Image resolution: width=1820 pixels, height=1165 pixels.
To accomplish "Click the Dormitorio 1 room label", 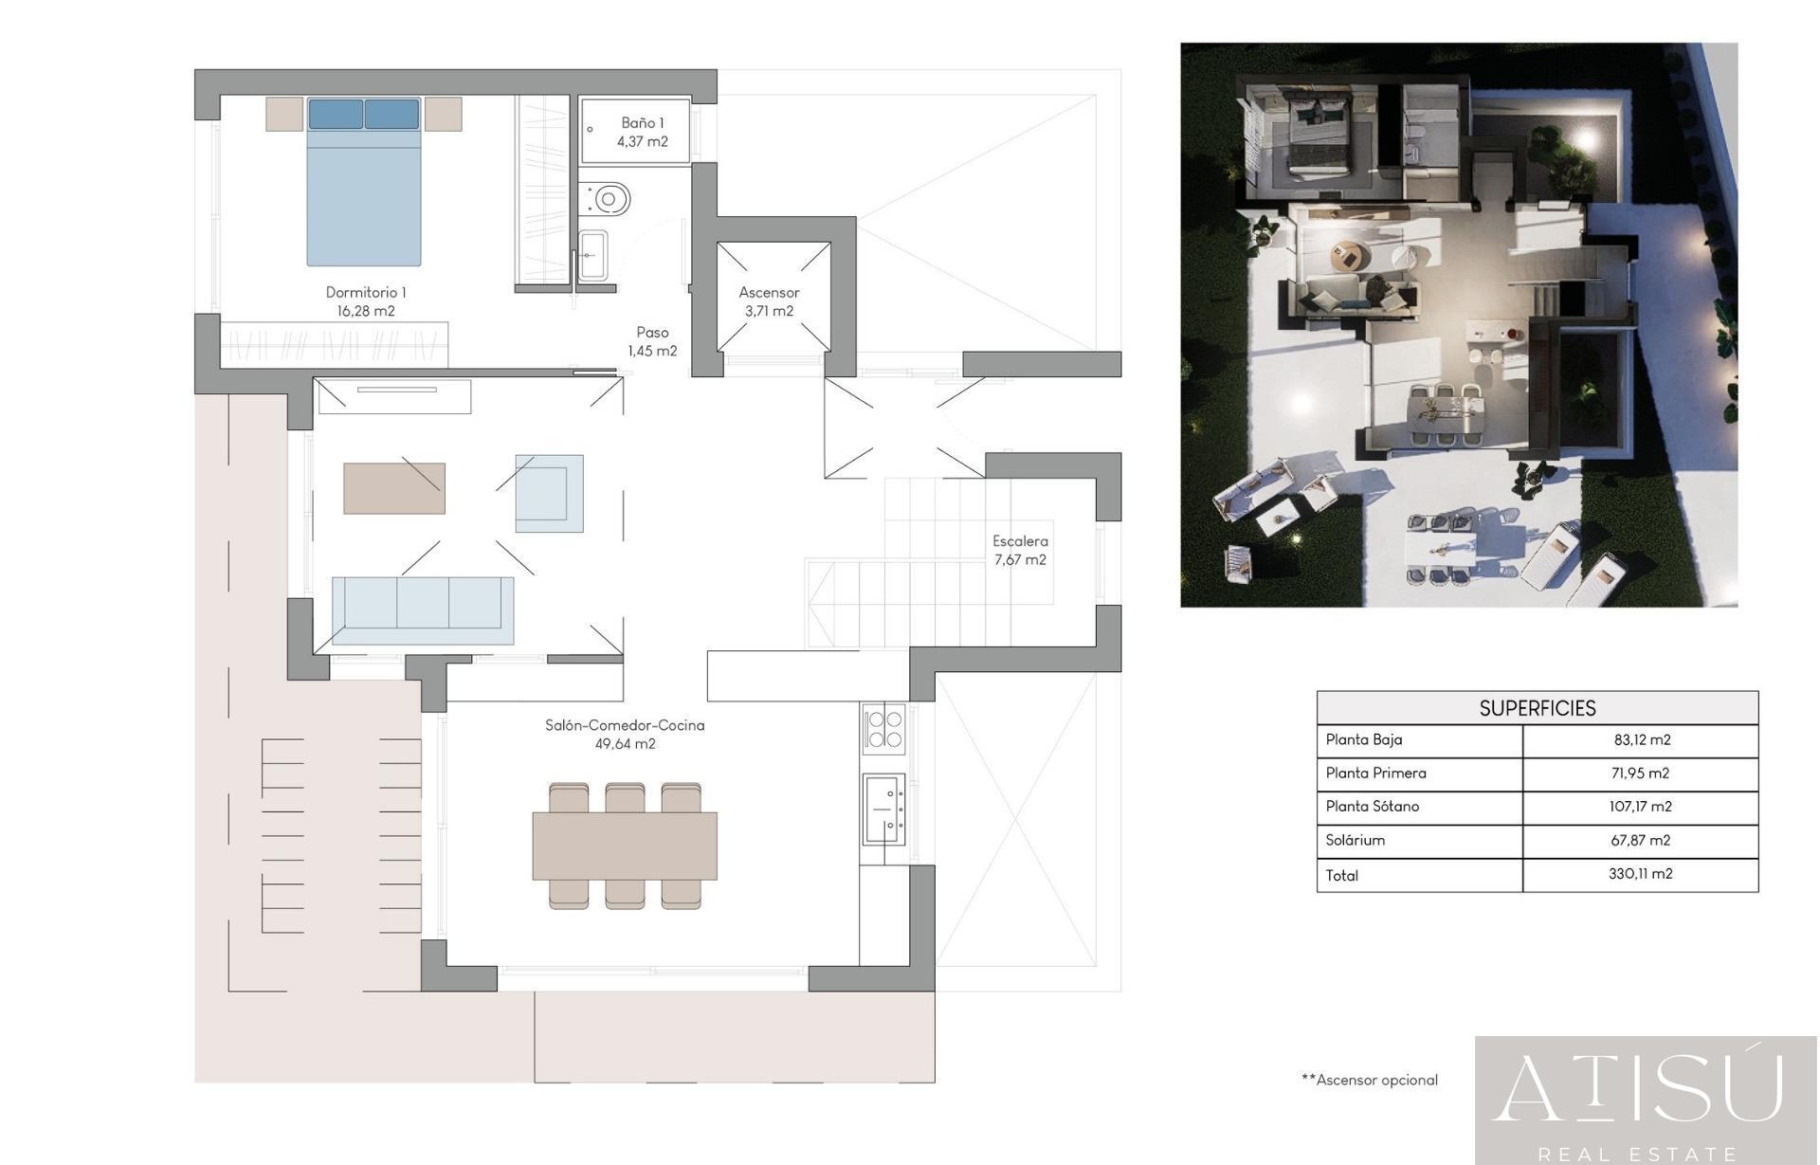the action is pyautogui.click(x=366, y=301).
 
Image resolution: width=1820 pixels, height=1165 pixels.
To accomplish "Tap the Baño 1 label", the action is pyautogui.click(x=643, y=132).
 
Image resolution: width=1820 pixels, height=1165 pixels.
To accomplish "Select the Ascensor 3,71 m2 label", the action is pyautogui.click(x=769, y=301).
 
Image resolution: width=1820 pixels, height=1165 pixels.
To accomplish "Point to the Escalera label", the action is pyautogui.click(x=1020, y=541).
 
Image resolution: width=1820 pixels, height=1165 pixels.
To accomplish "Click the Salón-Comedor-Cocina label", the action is pyautogui.click(x=625, y=725).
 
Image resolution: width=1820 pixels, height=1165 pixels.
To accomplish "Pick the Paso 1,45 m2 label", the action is pyautogui.click(x=652, y=341).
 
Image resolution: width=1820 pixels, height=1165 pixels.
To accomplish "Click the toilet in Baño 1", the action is pyautogui.click(x=604, y=200).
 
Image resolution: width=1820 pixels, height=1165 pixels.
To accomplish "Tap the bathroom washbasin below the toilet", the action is pyautogui.click(x=592, y=256).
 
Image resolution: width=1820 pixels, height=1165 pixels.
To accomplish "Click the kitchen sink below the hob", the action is pyautogui.click(x=883, y=809).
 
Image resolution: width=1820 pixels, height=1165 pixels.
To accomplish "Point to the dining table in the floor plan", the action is pyautogui.click(x=625, y=846).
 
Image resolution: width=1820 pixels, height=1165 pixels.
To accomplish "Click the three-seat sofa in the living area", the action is pyautogui.click(x=423, y=610).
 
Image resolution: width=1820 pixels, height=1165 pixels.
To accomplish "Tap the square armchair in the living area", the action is pyautogui.click(x=550, y=493).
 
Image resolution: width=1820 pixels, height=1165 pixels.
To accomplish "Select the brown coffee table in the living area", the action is pyautogui.click(x=394, y=488).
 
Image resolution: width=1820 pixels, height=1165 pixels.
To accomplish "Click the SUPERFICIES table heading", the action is pyautogui.click(x=1538, y=708).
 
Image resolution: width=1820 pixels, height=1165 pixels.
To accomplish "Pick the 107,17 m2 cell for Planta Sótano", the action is pyautogui.click(x=1640, y=807).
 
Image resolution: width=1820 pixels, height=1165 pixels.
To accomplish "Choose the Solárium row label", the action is pyautogui.click(x=1356, y=840).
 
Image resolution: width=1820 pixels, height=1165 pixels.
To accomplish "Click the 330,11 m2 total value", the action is pyautogui.click(x=1640, y=874).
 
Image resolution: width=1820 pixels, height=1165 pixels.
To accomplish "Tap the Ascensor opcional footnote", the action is pyautogui.click(x=1370, y=1080).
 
